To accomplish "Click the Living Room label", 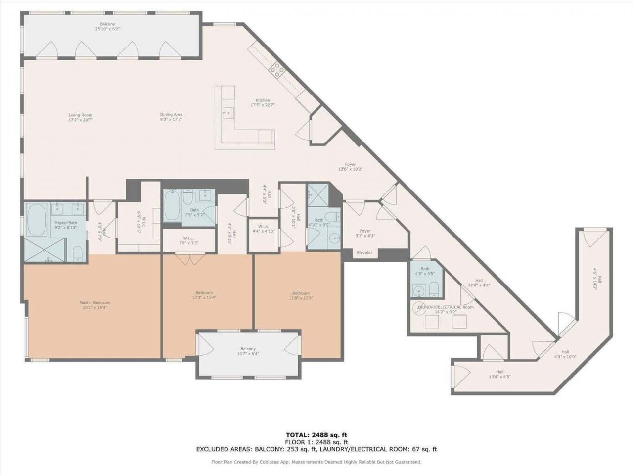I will coord(80,115).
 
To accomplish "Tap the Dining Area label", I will coord(171,114).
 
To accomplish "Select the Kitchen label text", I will coord(263,100).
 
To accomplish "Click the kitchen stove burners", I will coord(276,70).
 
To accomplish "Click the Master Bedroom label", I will coord(95,303).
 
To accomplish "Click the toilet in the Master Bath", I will coord(78,254).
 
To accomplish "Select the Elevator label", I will coord(364,253).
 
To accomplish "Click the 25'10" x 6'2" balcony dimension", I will coord(108,29).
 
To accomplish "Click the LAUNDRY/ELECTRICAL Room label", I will coord(445,307).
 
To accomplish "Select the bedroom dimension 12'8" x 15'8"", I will coord(301,298).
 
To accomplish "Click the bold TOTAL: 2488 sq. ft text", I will coord(316,435).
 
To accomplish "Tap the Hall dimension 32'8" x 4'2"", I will coord(479,285).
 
